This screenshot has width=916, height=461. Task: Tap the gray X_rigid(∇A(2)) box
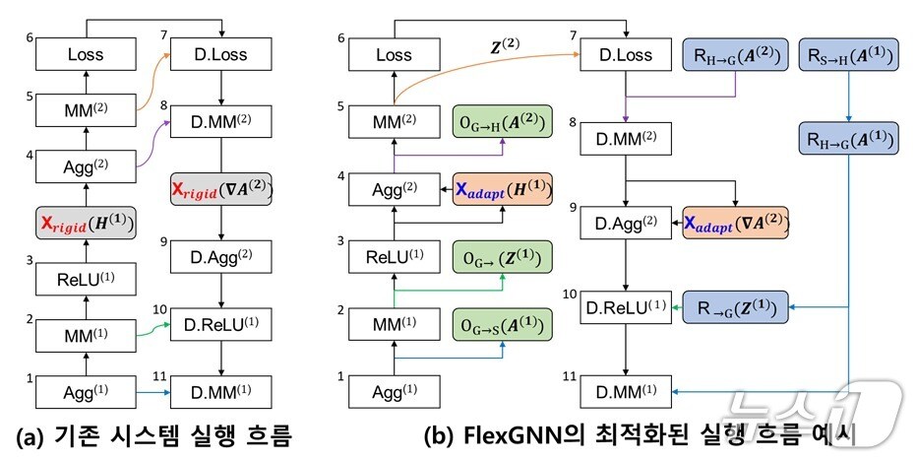pos(222,187)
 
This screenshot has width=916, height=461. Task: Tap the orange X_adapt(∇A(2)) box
pos(732,224)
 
